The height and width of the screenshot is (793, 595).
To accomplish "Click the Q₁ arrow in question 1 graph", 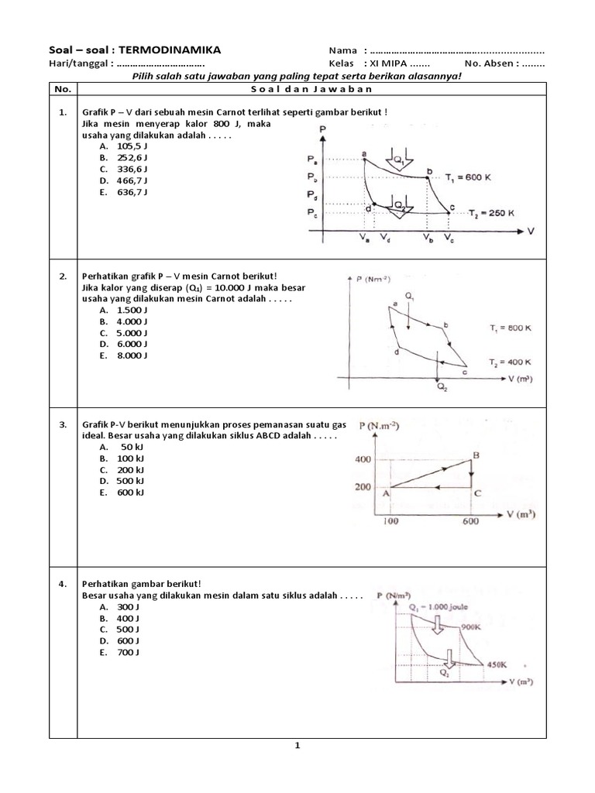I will (394, 160).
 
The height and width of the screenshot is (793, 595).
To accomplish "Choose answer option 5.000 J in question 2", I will (131, 331).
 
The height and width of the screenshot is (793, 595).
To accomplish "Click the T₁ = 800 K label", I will (510, 328).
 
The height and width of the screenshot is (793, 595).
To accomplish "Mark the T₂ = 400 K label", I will (510, 362).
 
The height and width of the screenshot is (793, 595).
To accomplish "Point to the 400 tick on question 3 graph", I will (363, 460).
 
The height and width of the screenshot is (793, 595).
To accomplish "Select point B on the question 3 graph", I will (476, 455).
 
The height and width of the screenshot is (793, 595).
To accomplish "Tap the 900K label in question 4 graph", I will (472, 626).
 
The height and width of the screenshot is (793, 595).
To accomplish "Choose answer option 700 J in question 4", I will (128, 652).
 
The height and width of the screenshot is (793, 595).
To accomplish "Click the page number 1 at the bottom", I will (297, 746).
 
